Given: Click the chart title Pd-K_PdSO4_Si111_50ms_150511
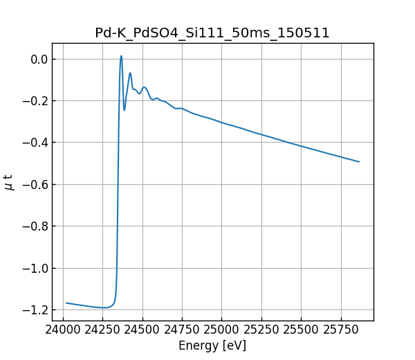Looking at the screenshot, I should (x=212, y=33).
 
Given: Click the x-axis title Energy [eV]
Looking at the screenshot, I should (x=212, y=345).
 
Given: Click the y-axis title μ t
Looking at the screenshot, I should (x=9, y=182).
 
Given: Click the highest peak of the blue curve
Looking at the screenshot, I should (x=121, y=56).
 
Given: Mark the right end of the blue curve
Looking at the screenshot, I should (x=359, y=162).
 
